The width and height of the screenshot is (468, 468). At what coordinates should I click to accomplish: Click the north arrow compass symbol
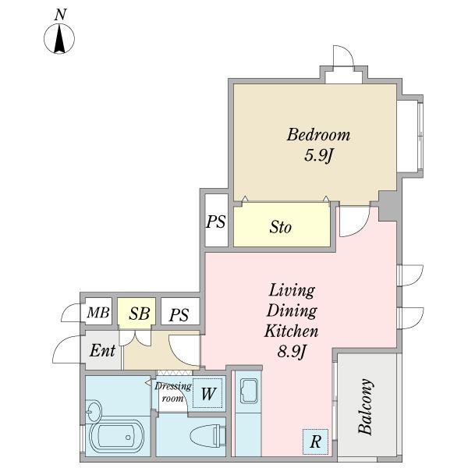[x=59, y=38]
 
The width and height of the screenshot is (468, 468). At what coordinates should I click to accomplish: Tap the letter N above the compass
[x=60, y=15]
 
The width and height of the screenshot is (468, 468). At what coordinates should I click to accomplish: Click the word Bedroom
[x=318, y=135]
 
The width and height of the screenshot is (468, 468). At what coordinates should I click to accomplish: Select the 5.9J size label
[x=318, y=155]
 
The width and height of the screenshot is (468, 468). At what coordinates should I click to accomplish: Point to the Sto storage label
[x=280, y=227]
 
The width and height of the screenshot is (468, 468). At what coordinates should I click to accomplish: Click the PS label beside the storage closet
[x=216, y=222]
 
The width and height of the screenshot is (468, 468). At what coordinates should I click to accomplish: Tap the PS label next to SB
[x=179, y=315]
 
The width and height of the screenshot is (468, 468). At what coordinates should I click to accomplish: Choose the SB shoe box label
[x=139, y=314]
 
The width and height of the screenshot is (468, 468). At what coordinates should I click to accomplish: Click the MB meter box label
[x=98, y=313]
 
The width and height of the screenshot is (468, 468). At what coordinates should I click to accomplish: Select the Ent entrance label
[x=102, y=350]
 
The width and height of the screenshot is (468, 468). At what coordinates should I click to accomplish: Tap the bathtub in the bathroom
[x=117, y=438]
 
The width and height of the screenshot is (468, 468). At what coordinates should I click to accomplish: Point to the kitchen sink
[x=249, y=391]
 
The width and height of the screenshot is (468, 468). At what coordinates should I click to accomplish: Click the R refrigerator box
[x=315, y=441]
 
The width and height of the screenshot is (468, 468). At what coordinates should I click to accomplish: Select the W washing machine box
[x=207, y=393]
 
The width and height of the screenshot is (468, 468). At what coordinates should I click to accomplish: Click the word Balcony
[x=366, y=406]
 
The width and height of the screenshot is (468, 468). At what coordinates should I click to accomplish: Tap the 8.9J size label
[x=292, y=352]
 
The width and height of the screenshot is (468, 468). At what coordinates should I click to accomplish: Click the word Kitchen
[x=291, y=331]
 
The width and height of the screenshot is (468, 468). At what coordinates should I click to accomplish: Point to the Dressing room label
[x=173, y=392]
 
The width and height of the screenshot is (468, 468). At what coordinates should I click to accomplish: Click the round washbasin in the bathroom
[x=94, y=411]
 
